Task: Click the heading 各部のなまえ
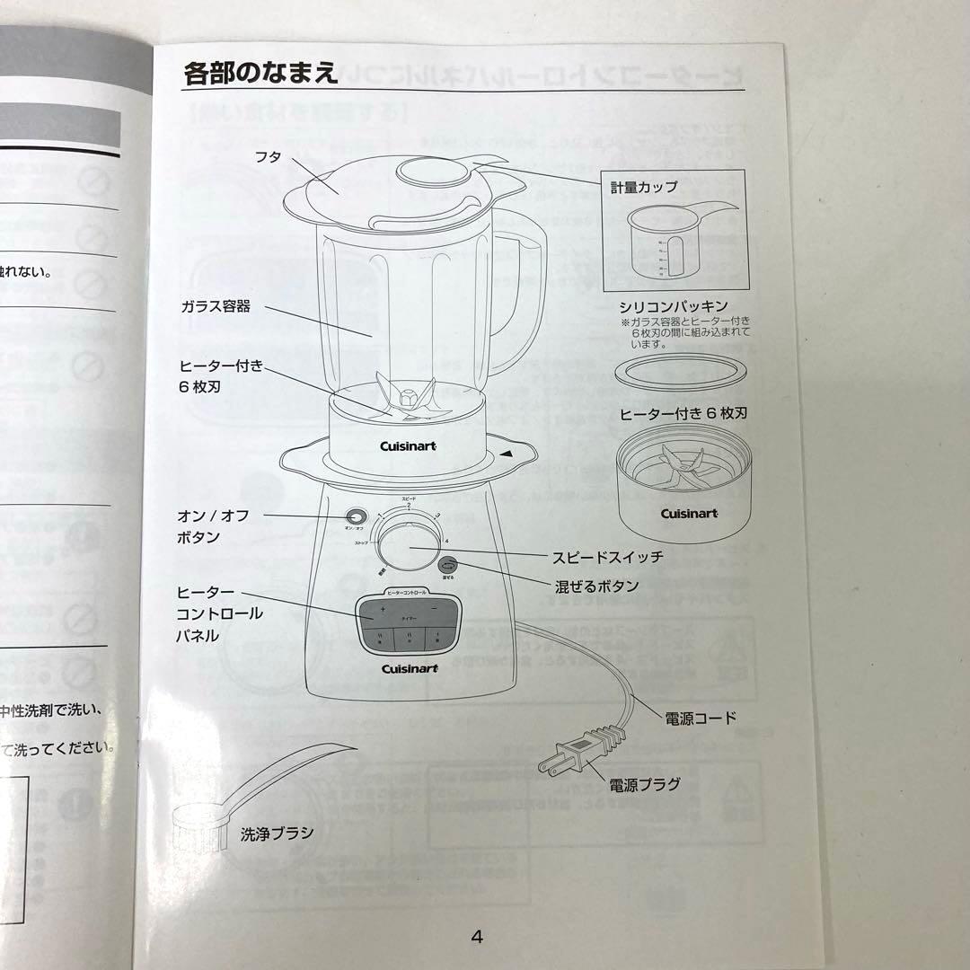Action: (261, 72)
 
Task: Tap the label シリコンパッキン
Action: (673, 306)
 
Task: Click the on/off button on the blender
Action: (357, 518)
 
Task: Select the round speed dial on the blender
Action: (410, 548)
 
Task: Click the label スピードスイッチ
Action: (609, 557)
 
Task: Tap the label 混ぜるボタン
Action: (597, 586)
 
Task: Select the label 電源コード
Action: (701, 717)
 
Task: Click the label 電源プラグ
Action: (644, 784)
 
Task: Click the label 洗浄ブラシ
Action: (277, 833)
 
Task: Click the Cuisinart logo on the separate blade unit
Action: (689, 513)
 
